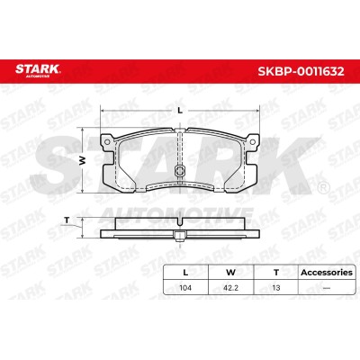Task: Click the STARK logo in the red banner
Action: click(38, 69)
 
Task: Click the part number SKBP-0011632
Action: click(301, 71)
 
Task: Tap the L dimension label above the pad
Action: click(180, 111)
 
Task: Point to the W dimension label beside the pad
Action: click(83, 160)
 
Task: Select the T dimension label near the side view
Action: click(67, 220)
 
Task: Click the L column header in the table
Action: click(185, 273)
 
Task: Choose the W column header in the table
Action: click(230, 273)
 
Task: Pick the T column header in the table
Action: click(276, 273)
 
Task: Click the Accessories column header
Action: click(327, 273)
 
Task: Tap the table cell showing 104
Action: click(185, 288)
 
